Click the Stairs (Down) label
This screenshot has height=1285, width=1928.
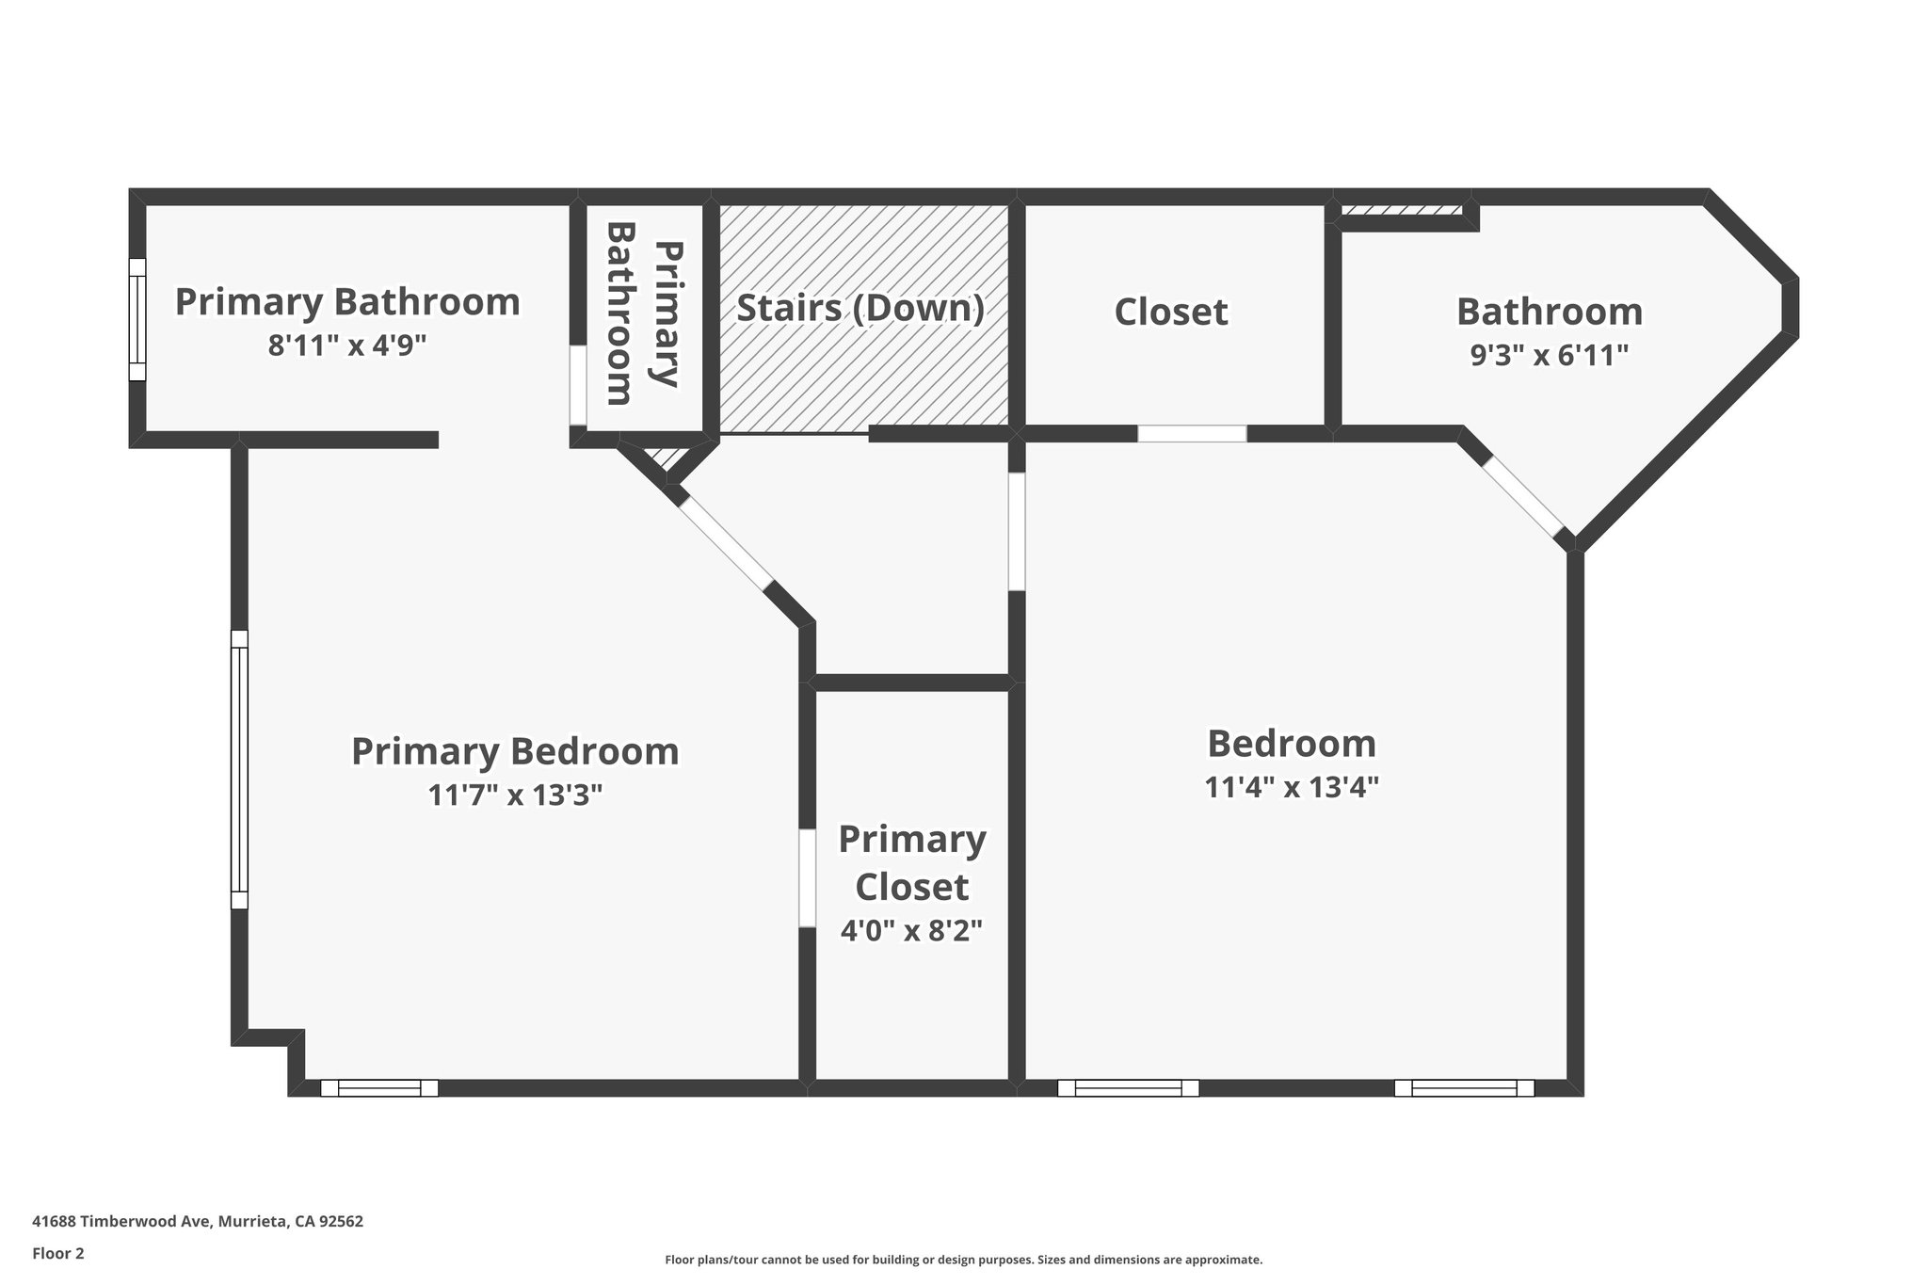click(860, 309)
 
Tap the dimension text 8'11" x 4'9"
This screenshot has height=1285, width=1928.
click(347, 345)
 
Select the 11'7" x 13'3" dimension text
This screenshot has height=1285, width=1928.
click(515, 795)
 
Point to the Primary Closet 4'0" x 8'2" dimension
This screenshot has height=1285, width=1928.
click(911, 931)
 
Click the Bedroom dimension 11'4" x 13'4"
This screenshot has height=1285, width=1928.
click(1292, 787)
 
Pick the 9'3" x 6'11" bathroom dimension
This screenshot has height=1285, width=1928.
click(1550, 355)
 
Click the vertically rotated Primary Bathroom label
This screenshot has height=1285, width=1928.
click(643, 313)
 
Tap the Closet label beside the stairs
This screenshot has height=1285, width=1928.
click(1171, 313)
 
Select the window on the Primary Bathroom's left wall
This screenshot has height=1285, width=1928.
click(137, 319)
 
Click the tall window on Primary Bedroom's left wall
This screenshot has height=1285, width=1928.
click(240, 769)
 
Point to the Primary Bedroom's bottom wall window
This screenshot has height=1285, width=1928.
click(379, 1088)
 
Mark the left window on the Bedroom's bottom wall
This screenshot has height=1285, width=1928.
click(1128, 1088)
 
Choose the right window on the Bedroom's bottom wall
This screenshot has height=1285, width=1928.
click(1464, 1088)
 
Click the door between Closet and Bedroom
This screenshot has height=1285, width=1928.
click(1192, 434)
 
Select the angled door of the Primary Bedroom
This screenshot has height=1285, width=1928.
click(726, 542)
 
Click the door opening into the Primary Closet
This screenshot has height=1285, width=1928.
click(807, 878)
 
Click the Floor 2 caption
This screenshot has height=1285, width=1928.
click(58, 1253)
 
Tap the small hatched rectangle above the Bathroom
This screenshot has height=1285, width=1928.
click(1402, 210)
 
